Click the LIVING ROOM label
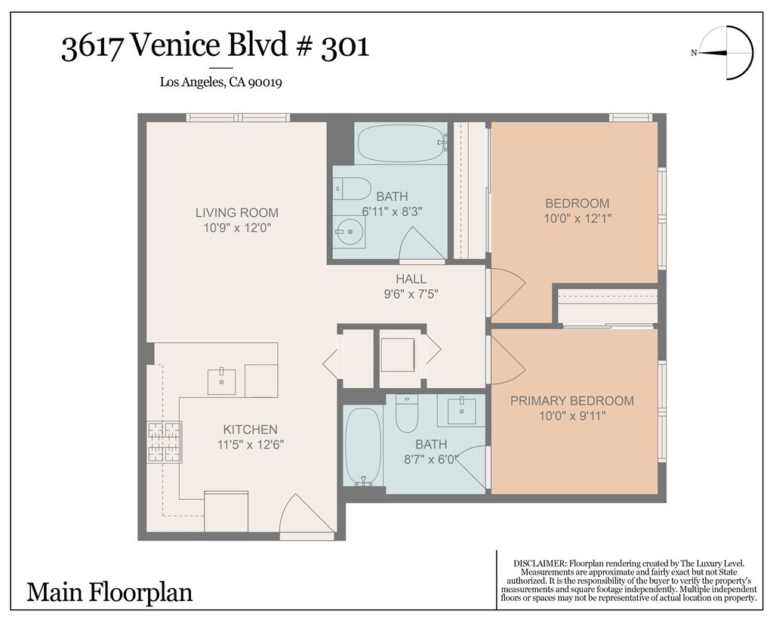click(x=236, y=213)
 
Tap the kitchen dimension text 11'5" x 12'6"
click(x=251, y=445)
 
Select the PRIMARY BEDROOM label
click(x=572, y=400)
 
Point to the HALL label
click(x=411, y=279)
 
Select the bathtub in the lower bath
click(x=362, y=446)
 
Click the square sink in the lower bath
click(x=461, y=411)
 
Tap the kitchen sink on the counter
click(x=221, y=381)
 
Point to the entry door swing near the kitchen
click(x=300, y=514)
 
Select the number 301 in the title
click(x=345, y=47)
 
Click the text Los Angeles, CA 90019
click(x=221, y=82)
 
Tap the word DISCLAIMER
click(x=540, y=563)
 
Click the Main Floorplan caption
click(x=109, y=592)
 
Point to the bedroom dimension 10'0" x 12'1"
click(x=577, y=218)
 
